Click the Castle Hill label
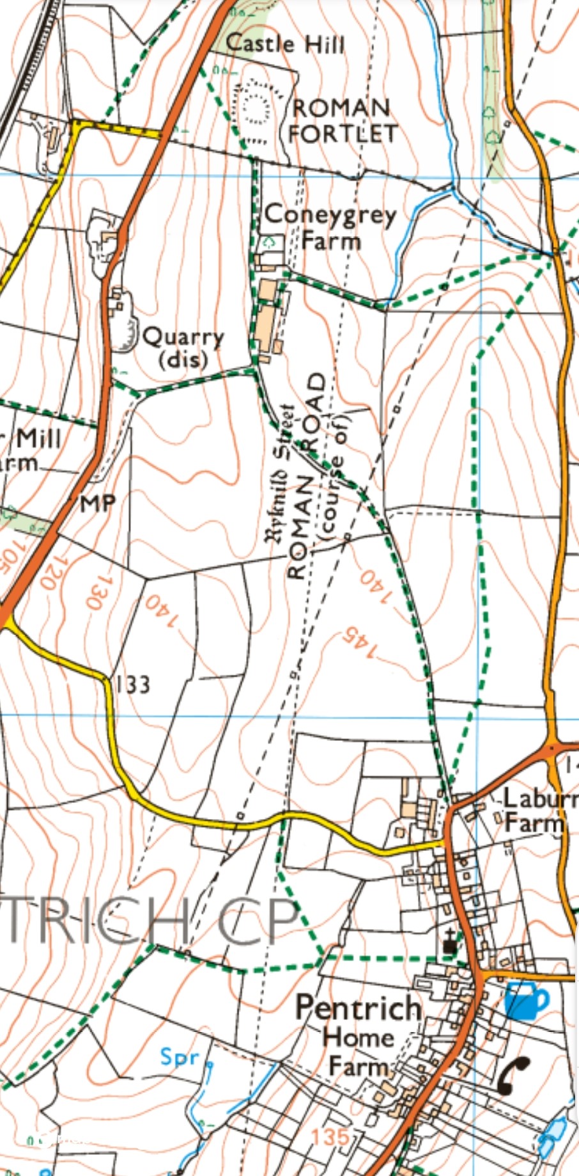tap(285, 44)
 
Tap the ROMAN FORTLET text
tap(341, 120)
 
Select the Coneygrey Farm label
tap(330, 227)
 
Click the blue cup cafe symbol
tap(526, 1001)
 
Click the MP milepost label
tap(98, 504)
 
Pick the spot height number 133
tap(133, 685)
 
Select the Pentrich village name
tap(358, 1008)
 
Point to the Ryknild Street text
tap(281, 473)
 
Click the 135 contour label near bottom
tap(331, 1136)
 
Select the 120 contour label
tap(52, 571)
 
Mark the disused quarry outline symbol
tap(126, 331)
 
